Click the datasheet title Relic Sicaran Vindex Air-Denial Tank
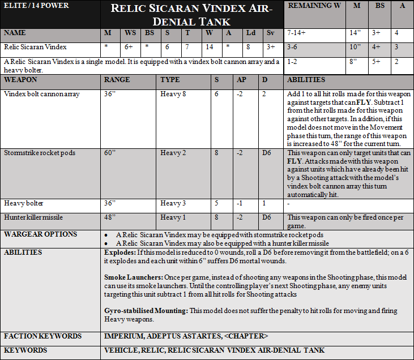point(191,15)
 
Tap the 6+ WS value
point(130,47)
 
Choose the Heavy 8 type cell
point(173,94)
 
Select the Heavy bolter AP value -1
point(240,203)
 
